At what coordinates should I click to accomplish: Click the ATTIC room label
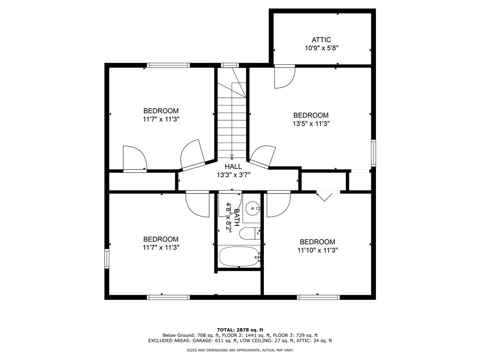[321, 40]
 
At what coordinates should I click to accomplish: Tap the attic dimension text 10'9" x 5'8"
[321, 48]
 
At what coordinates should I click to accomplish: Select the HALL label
[233, 166]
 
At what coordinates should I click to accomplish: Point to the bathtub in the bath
[240, 256]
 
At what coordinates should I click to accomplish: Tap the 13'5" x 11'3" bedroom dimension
[311, 124]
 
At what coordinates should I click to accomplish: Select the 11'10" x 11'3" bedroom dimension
[317, 250]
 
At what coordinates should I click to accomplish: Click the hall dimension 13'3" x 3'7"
[233, 175]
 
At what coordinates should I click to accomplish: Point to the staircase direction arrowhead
[232, 156]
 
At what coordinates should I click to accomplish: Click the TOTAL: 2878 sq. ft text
[240, 330]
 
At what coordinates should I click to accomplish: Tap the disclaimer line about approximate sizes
[240, 350]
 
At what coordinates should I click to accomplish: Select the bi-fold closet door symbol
[324, 196]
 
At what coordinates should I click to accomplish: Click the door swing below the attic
[285, 76]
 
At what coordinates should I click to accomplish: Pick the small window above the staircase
[230, 65]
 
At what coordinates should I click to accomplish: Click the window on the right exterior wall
[373, 153]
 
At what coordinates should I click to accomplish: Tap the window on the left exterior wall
[107, 259]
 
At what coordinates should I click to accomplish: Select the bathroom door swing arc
[230, 204]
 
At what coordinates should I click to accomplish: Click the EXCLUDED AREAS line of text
[240, 340]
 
